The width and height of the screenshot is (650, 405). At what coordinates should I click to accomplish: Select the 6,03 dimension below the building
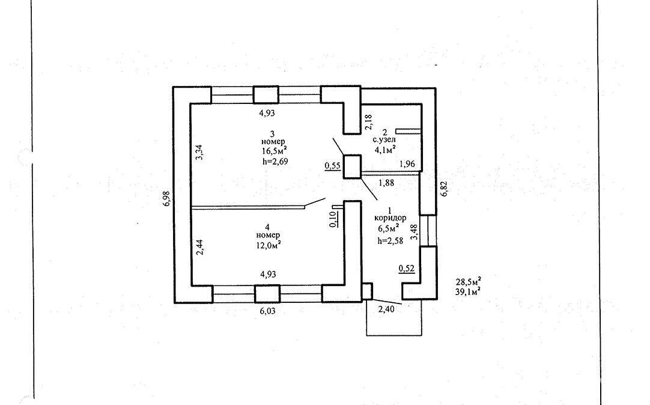point(269,311)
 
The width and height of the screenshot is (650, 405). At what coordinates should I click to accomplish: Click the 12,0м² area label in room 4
point(269,245)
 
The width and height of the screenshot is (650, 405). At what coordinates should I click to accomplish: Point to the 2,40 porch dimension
point(387,310)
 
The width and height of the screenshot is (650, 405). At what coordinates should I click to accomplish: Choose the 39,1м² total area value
point(470,291)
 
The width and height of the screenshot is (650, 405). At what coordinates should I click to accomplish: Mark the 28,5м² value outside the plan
point(470,281)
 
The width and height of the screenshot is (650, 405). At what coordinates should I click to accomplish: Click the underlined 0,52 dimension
point(407,269)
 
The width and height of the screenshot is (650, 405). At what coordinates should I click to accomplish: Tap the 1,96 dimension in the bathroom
point(407,163)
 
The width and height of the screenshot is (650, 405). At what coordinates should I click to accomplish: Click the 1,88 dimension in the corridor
point(386,184)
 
